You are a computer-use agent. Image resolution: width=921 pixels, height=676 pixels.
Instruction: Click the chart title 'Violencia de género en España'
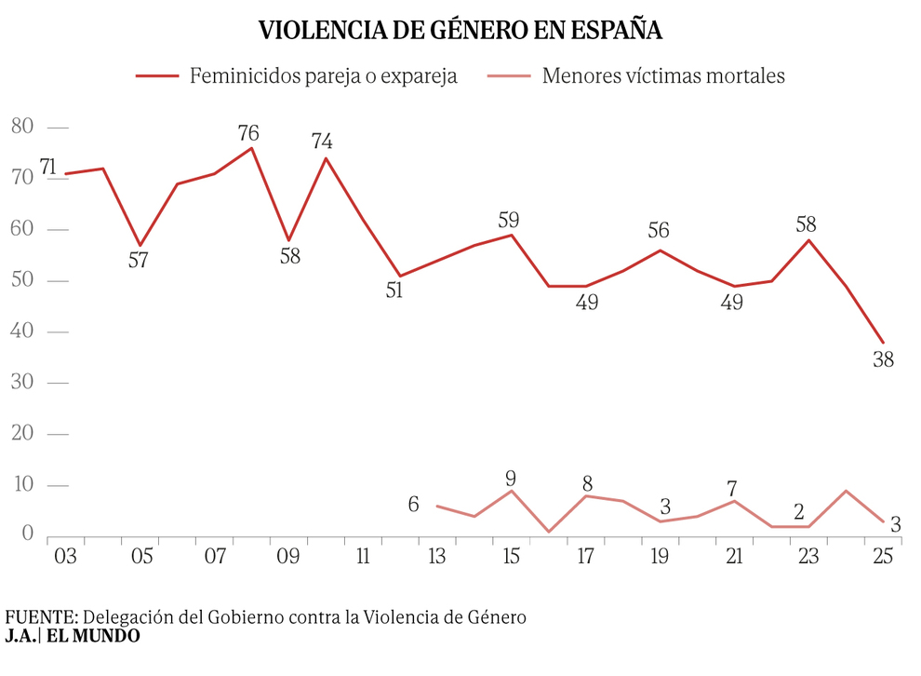coord(460,30)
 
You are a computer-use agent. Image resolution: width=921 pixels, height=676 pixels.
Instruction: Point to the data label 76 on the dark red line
coord(248,132)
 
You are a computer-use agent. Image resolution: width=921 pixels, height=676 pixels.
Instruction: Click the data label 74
coord(323,142)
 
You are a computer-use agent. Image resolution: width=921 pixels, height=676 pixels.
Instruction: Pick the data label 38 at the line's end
coord(883,359)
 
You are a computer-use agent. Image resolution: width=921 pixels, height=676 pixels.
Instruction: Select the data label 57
coord(138,261)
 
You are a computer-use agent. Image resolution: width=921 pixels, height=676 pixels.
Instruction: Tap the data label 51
coord(394,291)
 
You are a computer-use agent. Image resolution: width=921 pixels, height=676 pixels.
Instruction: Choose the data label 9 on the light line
coord(510,479)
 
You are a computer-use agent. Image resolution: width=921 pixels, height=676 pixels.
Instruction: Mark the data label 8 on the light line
coord(587,483)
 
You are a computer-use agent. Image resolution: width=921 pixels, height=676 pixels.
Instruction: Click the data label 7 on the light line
coord(732,488)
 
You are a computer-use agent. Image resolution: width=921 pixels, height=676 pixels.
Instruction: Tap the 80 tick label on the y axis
coord(22,127)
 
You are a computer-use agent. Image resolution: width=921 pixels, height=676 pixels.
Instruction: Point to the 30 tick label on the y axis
coord(22,383)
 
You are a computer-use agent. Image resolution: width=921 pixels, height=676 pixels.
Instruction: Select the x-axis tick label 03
coord(65,556)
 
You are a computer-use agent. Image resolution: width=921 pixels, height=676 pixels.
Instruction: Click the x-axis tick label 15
coord(511,556)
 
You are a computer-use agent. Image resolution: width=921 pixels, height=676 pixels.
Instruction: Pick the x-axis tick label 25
coord(883,556)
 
